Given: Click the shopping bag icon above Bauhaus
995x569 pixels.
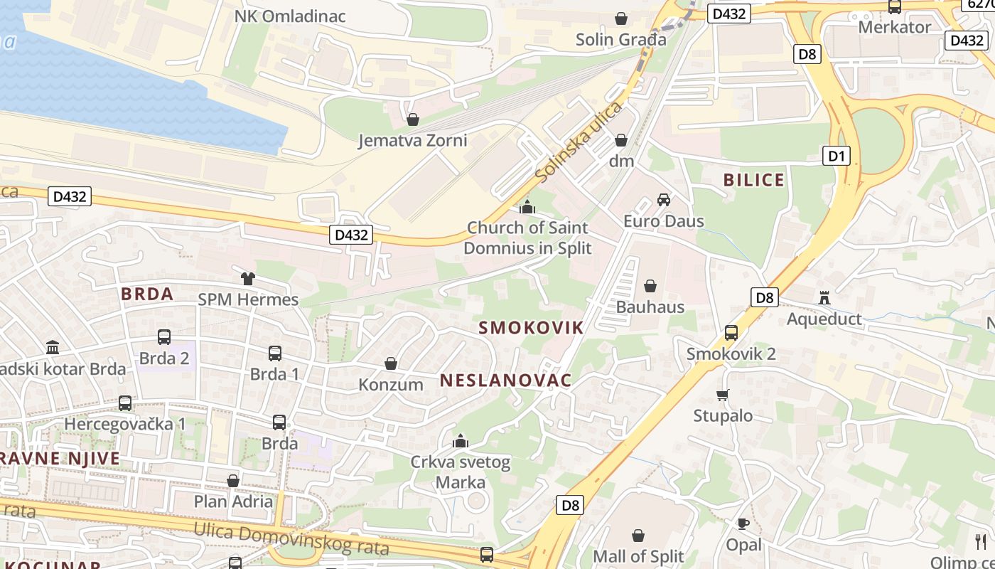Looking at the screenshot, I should pyautogui.click(x=650, y=286).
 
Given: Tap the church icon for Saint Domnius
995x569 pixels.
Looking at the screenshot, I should pyautogui.click(x=527, y=207).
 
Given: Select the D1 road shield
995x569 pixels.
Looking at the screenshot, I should pyautogui.click(x=836, y=156).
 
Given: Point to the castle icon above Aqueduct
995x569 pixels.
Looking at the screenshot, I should pyautogui.click(x=824, y=297).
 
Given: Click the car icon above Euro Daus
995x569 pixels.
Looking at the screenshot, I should pyautogui.click(x=664, y=200).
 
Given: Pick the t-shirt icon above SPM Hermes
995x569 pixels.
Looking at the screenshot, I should pyautogui.click(x=247, y=279).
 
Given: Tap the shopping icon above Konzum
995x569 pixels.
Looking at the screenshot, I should pyautogui.click(x=390, y=363).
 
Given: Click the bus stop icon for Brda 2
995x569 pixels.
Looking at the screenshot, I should pyautogui.click(x=164, y=337).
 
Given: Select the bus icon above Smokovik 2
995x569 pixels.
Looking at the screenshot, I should pyautogui.click(x=731, y=332).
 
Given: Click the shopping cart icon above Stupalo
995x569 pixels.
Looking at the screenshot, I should pyautogui.click(x=723, y=395).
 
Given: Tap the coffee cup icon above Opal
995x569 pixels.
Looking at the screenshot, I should pyautogui.click(x=743, y=524).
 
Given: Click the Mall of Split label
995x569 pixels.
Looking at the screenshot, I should pyautogui.click(x=638, y=555).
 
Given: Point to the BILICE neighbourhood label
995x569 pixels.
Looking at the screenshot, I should pyautogui.click(x=754, y=180).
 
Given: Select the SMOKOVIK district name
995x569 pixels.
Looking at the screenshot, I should pyautogui.click(x=531, y=328).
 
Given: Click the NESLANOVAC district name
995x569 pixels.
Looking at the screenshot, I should pyautogui.click(x=505, y=381).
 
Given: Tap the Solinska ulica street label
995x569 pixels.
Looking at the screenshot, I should pyautogui.click(x=579, y=140).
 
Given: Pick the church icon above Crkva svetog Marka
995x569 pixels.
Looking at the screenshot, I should pyautogui.click(x=461, y=441).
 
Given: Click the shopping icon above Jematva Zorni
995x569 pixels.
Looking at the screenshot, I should pyautogui.click(x=412, y=119).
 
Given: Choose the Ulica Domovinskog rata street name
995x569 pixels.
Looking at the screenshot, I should pyautogui.click(x=291, y=539).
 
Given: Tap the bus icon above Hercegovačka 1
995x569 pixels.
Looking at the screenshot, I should pyautogui.click(x=125, y=403).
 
